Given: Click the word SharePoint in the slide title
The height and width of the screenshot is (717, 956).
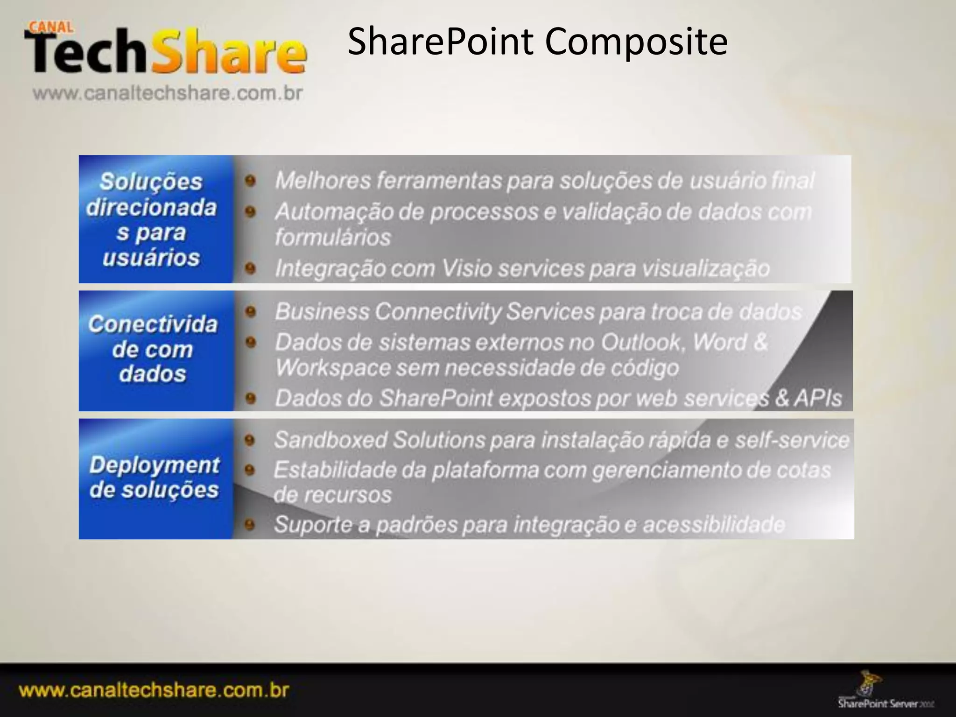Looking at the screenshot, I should click(x=441, y=42).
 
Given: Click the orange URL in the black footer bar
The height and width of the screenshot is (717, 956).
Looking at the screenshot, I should click(x=154, y=690).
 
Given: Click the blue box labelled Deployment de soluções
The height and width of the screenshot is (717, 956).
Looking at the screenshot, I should click(x=155, y=478).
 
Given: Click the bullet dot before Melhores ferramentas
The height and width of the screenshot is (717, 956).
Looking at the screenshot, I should click(x=251, y=181).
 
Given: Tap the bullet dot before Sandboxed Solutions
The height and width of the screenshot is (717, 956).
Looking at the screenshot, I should click(x=250, y=440).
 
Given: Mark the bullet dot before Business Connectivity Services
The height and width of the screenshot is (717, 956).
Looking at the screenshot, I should click(x=251, y=311).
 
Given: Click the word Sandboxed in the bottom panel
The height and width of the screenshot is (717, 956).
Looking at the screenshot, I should click(x=330, y=440).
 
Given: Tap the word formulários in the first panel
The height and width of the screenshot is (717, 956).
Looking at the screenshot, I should click(x=332, y=237).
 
